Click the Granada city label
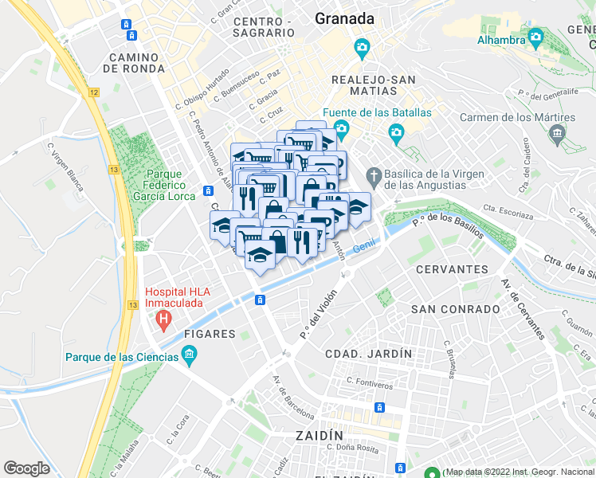344,18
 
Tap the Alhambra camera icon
536,37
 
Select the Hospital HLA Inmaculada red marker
164,321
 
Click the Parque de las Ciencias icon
189,355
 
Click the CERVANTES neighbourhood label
452,269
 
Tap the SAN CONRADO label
447,308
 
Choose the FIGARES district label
210,334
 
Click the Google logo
26,468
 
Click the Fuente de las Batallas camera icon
342,128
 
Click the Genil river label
364,250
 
